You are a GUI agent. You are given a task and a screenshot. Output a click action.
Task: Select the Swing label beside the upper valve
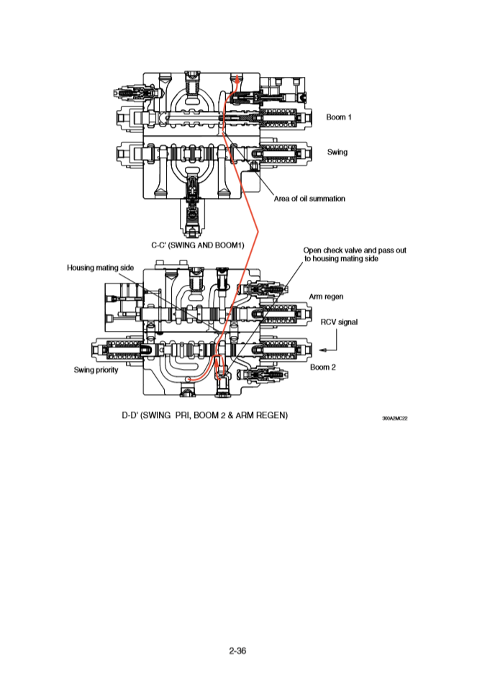[x=337, y=152]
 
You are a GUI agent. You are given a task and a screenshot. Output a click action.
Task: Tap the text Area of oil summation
[x=309, y=199]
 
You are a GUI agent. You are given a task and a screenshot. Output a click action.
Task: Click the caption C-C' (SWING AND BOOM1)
[x=197, y=245]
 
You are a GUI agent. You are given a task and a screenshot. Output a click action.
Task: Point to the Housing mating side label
[x=101, y=268]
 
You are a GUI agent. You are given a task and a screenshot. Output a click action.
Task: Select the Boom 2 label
[x=323, y=367]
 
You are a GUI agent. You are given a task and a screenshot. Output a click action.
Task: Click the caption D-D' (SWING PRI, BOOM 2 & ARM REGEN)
[x=205, y=415]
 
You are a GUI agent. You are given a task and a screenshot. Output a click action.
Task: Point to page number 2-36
[x=238, y=650]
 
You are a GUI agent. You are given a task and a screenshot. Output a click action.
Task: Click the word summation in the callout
[x=326, y=199]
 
